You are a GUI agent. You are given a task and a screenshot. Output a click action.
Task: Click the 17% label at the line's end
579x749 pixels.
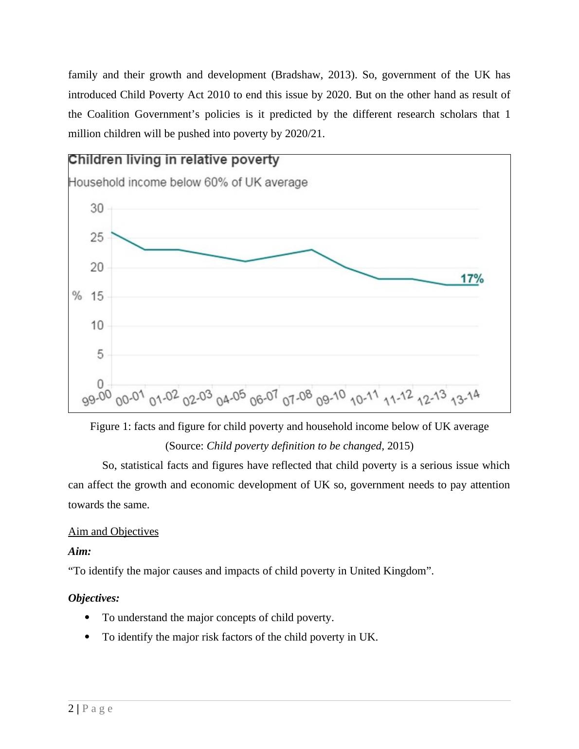click(x=472, y=279)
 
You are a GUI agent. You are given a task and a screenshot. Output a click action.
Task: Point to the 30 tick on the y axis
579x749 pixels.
click(x=97, y=209)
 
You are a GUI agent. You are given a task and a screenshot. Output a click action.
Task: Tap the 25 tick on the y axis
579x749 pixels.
click(x=97, y=238)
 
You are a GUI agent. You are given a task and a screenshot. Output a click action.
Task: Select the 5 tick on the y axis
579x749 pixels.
click(x=100, y=355)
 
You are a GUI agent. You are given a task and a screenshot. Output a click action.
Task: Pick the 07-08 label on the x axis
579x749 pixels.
click(x=297, y=398)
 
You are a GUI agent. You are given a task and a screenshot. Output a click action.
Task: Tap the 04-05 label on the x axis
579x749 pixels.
click(x=231, y=398)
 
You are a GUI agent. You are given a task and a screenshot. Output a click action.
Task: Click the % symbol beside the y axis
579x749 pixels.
click(x=77, y=296)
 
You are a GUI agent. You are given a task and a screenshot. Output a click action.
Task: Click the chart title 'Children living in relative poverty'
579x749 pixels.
click(x=174, y=160)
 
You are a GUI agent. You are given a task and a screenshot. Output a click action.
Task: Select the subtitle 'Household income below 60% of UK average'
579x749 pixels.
click(x=188, y=182)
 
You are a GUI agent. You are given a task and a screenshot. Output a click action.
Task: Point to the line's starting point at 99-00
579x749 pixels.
click(x=112, y=232)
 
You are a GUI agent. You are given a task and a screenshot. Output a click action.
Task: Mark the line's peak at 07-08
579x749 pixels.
click(x=311, y=250)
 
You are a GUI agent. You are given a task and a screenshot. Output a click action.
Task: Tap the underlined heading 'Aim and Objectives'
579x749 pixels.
click(x=113, y=531)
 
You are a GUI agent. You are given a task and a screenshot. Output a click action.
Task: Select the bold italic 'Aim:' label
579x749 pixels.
click(x=80, y=552)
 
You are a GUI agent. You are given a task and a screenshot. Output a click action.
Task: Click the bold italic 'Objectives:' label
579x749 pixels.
click(x=94, y=598)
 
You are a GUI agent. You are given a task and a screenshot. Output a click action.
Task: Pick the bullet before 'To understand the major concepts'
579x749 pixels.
click(x=87, y=617)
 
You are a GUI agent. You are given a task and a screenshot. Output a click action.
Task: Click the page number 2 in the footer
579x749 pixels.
click(x=71, y=709)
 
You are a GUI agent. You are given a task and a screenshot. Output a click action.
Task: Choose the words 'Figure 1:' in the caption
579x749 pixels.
click(x=110, y=427)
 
